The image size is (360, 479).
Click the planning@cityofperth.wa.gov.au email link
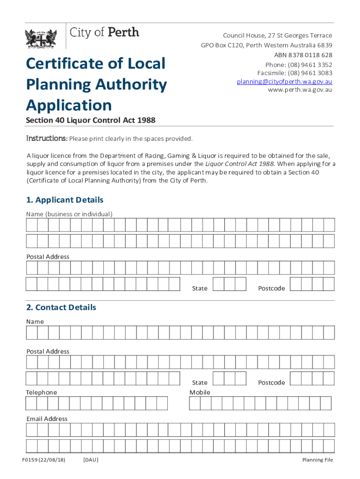[x=284, y=81]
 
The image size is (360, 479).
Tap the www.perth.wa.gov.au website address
[x=300, y=90]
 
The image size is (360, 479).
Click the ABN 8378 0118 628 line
[x=303, y=55]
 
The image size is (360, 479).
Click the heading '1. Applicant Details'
[x=65, y=200]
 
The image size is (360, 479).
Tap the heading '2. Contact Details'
[x=61, y=307]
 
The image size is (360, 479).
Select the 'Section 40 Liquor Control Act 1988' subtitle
[x=91, y=121]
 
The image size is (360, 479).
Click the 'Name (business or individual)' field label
[x=69, y=214]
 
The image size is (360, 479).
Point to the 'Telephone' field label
[x=42, y=392]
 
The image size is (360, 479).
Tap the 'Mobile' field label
[x=200, y=392]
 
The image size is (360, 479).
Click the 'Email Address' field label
[x=47, y=419]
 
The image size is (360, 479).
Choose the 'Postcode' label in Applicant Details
[x=271, y=288]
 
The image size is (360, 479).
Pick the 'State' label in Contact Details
[x=200, y=383]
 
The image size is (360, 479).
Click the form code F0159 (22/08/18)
[x=43, y=460]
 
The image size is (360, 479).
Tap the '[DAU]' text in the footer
[x=91, y=460]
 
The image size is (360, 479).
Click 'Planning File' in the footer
[x=317, y=460]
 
